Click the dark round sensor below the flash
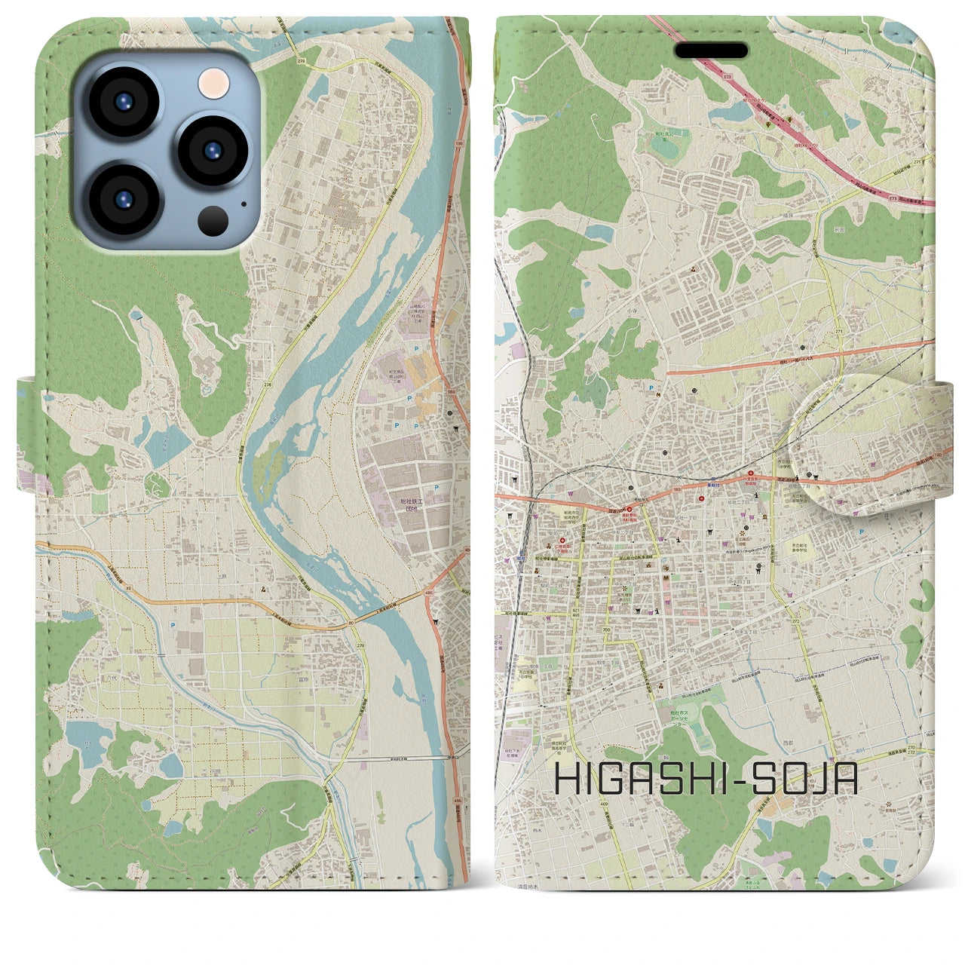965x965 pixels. (x=214, y=220)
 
